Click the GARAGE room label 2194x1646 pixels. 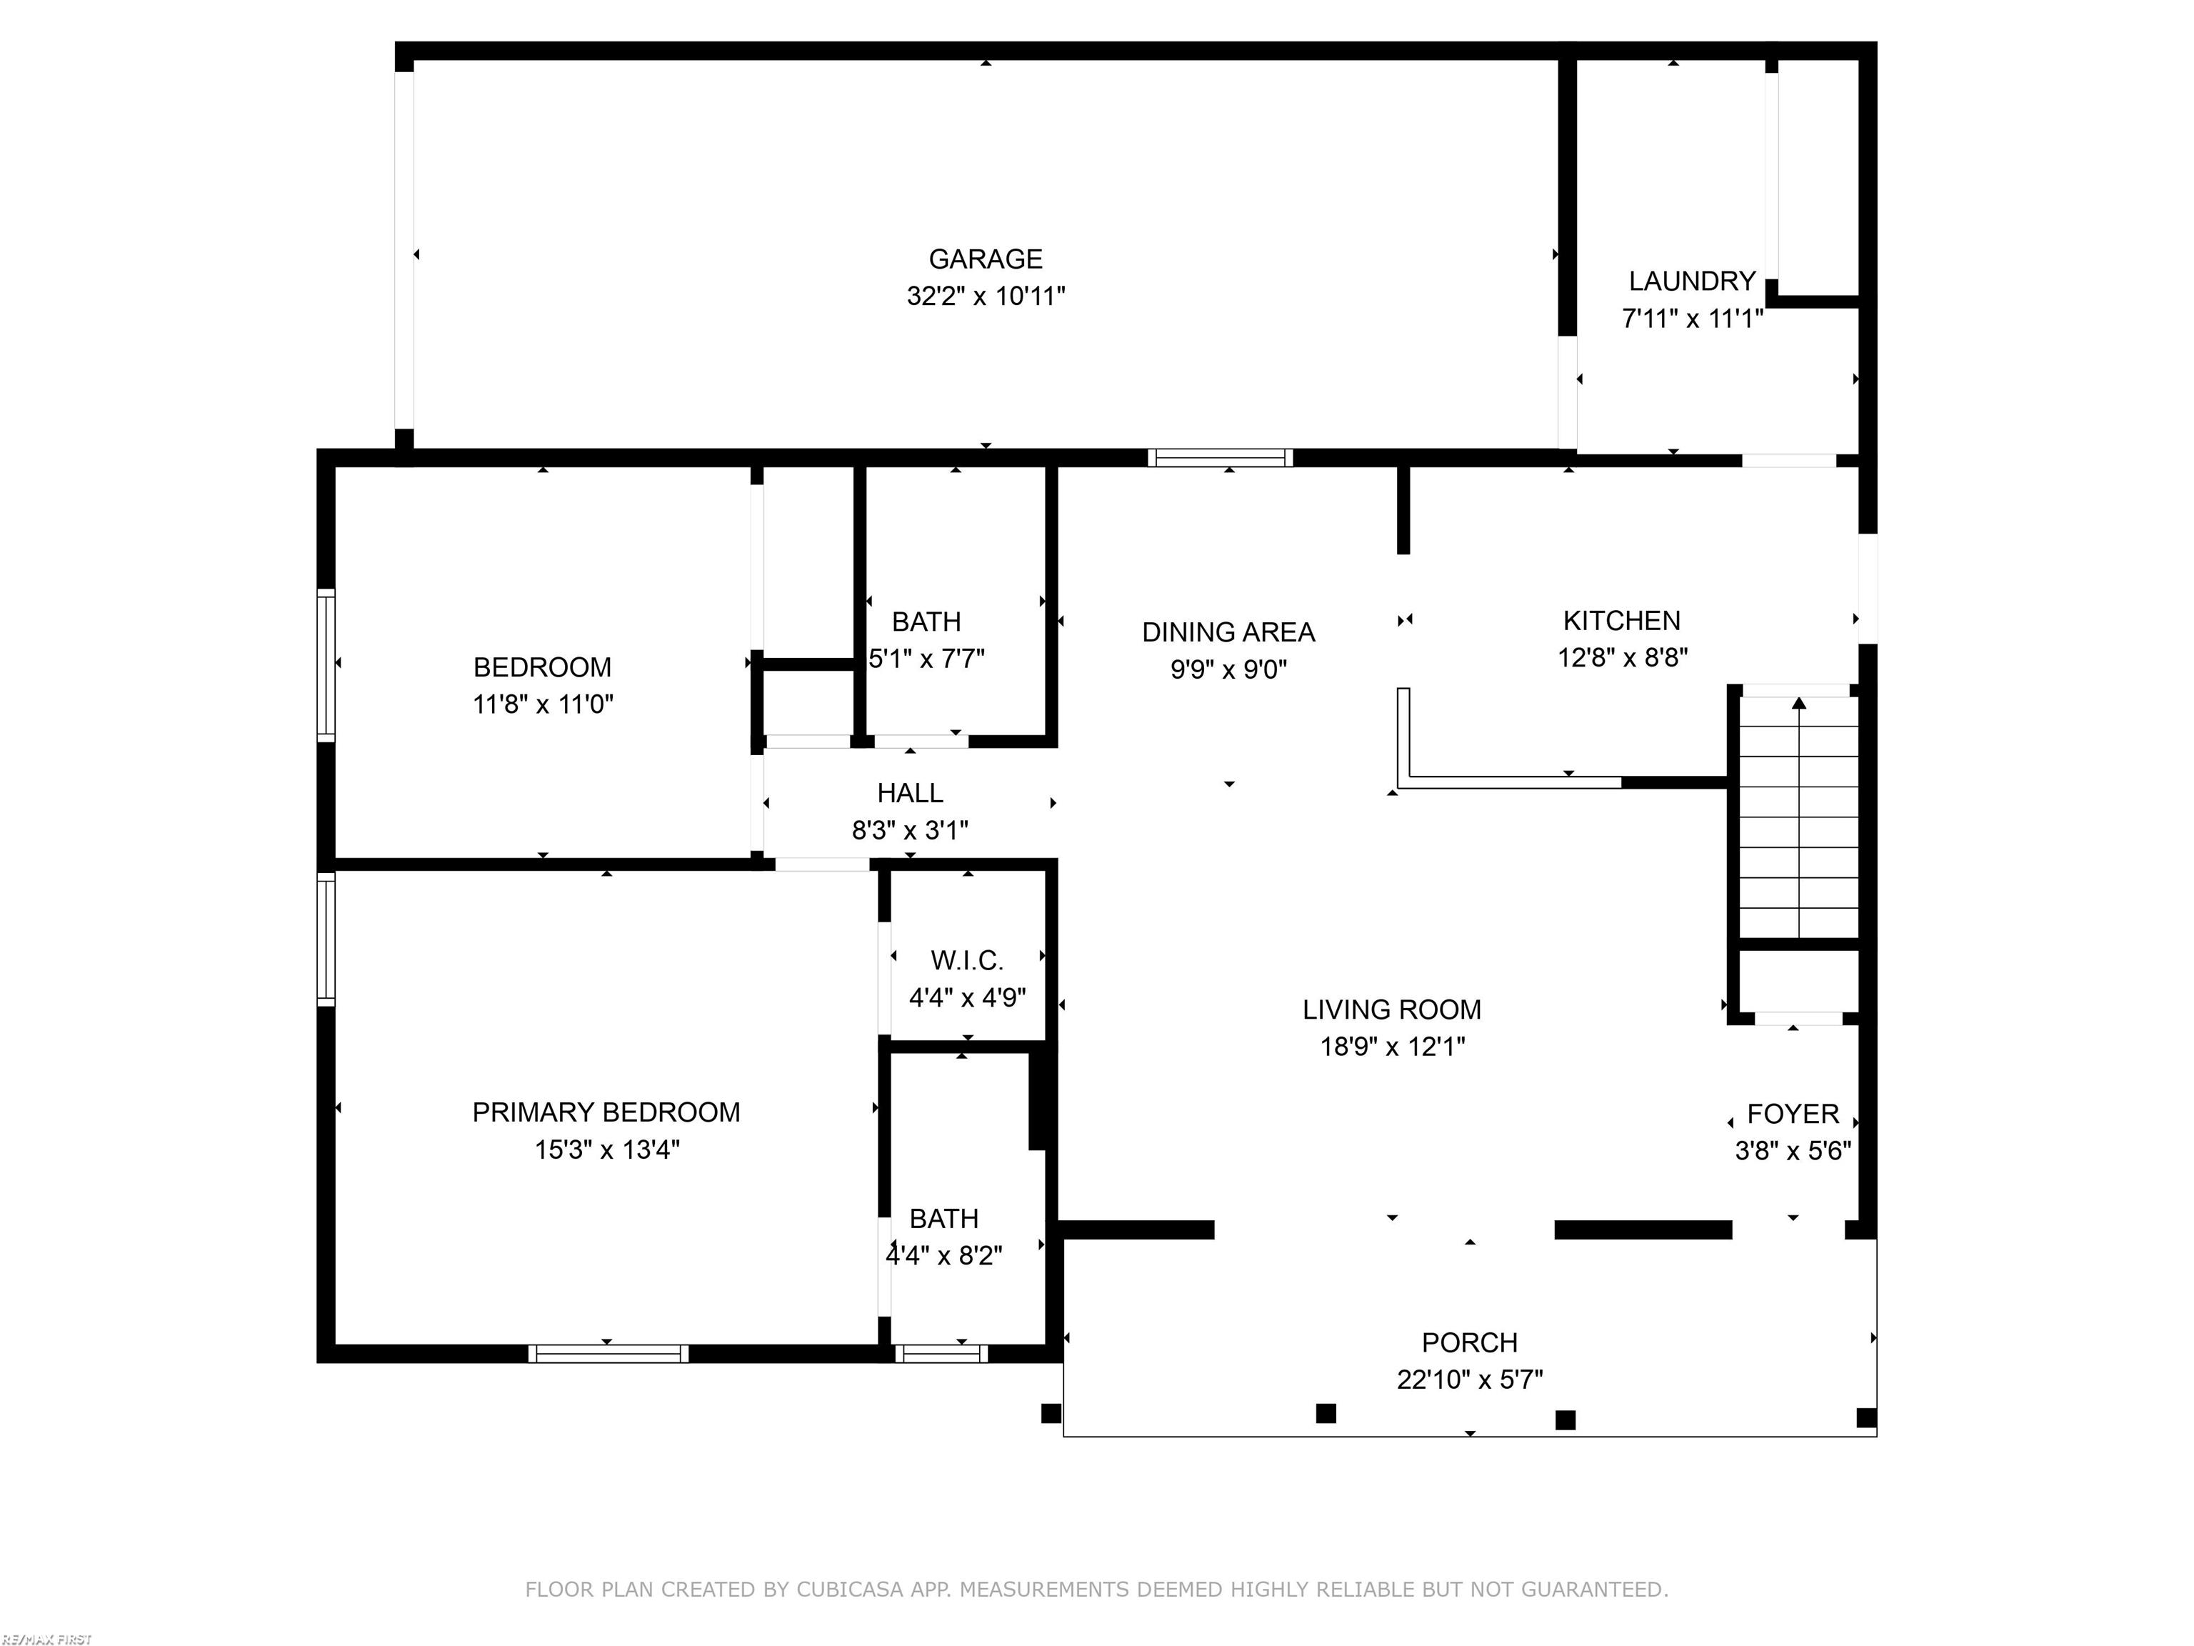click(x=985, y=259)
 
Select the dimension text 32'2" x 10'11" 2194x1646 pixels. click(x=985, y=296)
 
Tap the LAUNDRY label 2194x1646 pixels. click(x=1691, y=281)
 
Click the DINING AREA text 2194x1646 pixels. click(x=1228, y=632)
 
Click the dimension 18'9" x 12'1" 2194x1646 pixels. click(x=1391, y=1046)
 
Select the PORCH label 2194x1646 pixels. click(x=1469, y=1342)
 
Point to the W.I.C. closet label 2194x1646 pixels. click(x=966, y=960)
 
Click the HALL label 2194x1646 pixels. click(x=910, y=793)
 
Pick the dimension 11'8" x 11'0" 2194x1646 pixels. click(x=543, y=704)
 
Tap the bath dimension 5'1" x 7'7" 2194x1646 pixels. click(x=926, y=659)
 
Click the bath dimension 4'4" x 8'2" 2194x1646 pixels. click(x=943, y=1255)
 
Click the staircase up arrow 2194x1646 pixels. click(x=1798, y=704)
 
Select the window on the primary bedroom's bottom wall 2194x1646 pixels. click(x=607, y=1353)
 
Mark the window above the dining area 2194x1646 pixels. click(x=1219, y=457)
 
